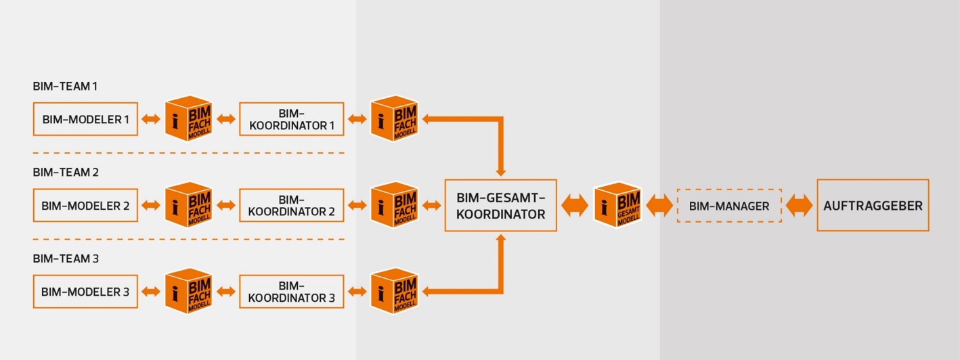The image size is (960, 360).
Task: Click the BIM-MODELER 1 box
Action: (85, 119)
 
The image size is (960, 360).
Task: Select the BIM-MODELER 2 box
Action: (85, 205)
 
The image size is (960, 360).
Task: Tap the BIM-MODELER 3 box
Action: (85, 292)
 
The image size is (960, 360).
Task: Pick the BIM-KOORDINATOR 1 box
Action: (291, 119)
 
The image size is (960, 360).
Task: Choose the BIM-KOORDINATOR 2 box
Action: (291, 205)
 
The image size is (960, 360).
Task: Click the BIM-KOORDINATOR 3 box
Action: (291, 292)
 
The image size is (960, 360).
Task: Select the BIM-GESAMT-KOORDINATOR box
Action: (500, 205)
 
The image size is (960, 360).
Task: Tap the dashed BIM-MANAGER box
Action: (729, 206)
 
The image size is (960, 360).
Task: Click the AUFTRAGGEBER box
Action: (873, 205)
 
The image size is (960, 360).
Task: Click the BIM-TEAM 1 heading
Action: (65, 87)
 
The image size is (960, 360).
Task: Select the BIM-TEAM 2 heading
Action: (66, 173)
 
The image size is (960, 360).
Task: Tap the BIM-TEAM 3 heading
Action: (66, 258)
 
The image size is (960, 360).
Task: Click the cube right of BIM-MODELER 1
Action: (188, 119)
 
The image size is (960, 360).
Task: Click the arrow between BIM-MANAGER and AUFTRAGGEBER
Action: (799, 206)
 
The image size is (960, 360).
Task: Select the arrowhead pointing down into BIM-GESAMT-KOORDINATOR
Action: (501, 172)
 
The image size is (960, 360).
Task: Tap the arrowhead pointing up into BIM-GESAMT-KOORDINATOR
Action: (501, 239)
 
